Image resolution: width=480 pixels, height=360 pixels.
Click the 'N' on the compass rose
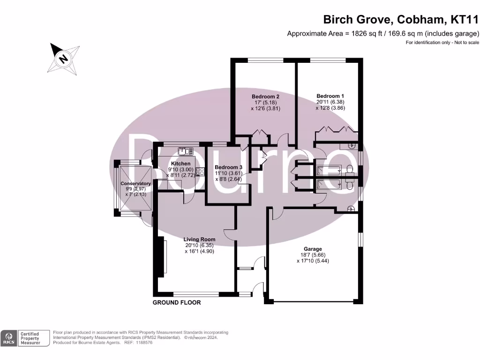[62, 59]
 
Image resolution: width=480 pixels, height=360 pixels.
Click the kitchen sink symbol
[186, 151]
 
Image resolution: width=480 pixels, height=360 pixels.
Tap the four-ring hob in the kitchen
[200, 172]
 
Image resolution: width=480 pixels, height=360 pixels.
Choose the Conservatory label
[135, 184]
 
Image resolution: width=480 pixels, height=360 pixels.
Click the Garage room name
[313, 249]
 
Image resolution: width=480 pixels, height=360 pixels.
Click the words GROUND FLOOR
[177, 303]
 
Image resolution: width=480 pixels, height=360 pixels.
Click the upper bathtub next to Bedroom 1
[330, 170]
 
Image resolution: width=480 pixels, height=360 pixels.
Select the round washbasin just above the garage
[351, 209]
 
